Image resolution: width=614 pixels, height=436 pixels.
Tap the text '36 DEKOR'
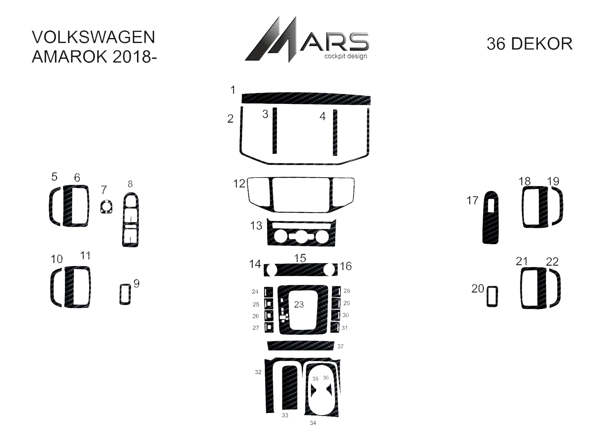click(529, 44)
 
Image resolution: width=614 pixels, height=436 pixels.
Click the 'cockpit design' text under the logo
click(345, 56)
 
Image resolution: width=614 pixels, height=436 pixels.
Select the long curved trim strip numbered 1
click(306, 99)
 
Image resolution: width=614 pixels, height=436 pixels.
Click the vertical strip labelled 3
click(274, 130)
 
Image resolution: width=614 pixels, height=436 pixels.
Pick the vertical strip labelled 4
click(335, 132)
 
